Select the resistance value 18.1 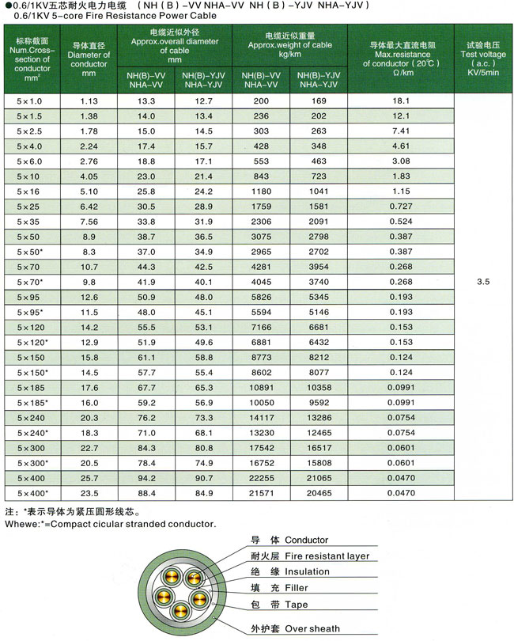pos(400,101)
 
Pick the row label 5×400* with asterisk pos(32,492)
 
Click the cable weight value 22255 pos(262,477)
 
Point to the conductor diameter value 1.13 pos(89,101)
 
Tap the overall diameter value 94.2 pos(146,477)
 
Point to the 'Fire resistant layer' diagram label pos(332,556)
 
